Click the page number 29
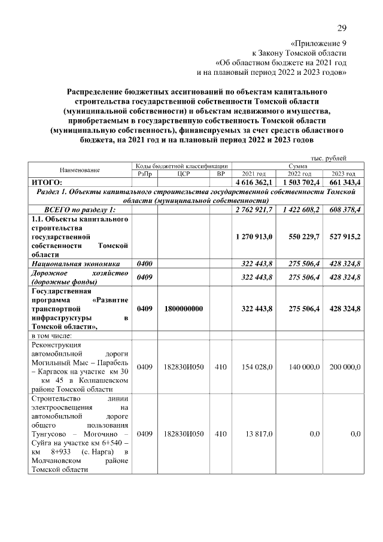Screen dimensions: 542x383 coord(342,28)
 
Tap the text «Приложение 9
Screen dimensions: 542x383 coord(318,44)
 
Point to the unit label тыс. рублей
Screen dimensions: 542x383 coord(327,158)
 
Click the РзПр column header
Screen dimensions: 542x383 coord(144,173)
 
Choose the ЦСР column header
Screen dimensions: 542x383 coord(184,173)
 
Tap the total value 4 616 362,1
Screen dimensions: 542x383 coord(254,181)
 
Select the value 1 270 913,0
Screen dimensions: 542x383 coord(254,237)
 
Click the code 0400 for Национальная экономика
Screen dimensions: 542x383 coord(144,264)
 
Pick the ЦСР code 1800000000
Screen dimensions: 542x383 coord(184,308)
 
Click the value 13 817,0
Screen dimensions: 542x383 coord(259,433)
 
